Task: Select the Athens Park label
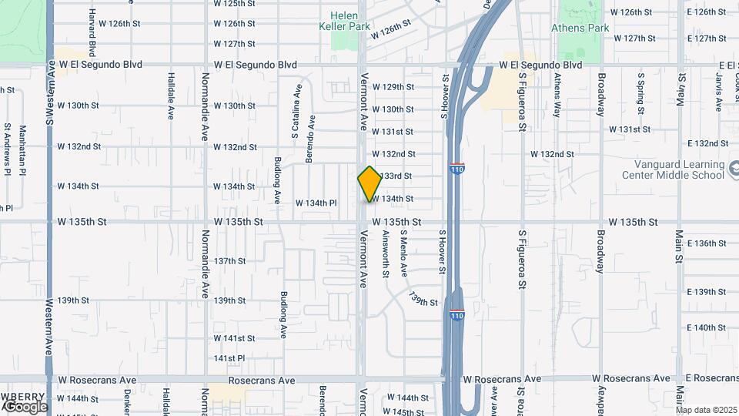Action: click(x=590, y=29)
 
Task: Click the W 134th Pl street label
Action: click(x=316, y=203)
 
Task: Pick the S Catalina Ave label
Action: click(x=295, y=118)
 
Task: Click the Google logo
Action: click(x=25, y=406)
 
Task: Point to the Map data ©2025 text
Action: click(x=707, y=410)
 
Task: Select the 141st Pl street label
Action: click(x=229, y=359)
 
